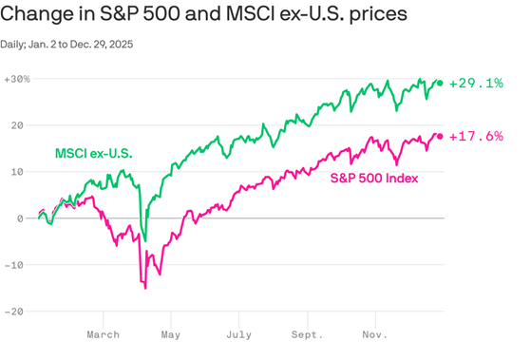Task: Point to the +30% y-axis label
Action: click(x=17, y=79)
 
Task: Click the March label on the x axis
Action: click(x=103, y=334)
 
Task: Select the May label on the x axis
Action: click(x=171, y=334)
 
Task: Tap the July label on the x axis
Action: click(x=238, y=334)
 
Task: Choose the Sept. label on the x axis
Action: click(x=307, y=334)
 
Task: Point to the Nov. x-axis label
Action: click(x=374, y=334)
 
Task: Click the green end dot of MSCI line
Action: click(x=440, y=84)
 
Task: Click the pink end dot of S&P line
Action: click(x=440, y=136)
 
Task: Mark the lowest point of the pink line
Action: click(x=145, y=287)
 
